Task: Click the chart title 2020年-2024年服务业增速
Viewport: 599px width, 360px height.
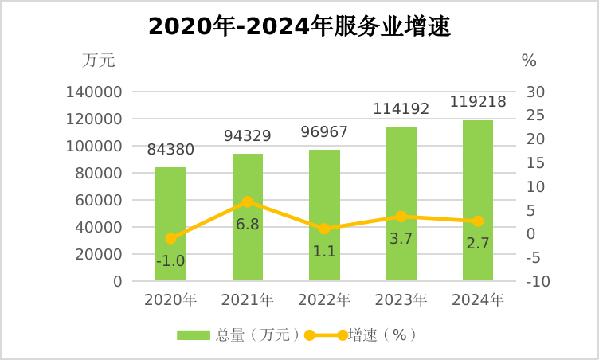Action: coord(299,27)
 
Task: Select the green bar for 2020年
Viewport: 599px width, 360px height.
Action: coord(170,231)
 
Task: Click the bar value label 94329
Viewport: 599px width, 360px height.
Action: coord(247,136)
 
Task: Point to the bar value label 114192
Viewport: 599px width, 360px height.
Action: coord(401,109)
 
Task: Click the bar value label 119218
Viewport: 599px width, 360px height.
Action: coord(478,102)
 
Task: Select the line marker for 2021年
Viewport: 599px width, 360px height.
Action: coord(248,202)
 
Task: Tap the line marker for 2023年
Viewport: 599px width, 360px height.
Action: coord(401,217)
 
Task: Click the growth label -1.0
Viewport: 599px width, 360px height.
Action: coord(170,260)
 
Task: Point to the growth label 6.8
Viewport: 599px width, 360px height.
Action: coord(247,224)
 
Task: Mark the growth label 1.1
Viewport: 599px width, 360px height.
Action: coord(324,251)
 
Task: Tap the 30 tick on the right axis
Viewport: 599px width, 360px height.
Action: coord(535,92)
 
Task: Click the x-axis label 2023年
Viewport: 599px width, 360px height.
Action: coord(401,301)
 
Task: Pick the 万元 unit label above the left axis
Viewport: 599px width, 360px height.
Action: coord(99,60)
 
